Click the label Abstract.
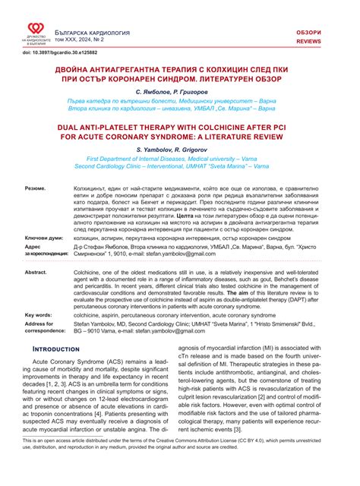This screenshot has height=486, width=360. (x=37, y=271)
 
